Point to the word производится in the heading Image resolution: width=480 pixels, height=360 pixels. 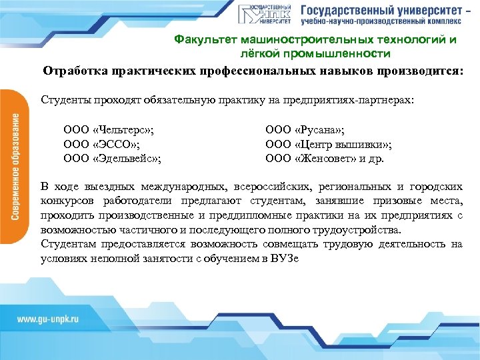[x=417, y=71]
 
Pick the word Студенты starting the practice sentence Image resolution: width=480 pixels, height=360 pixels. [x=63, y=100]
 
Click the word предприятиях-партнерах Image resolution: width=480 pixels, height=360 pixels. [x=363, y=100]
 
